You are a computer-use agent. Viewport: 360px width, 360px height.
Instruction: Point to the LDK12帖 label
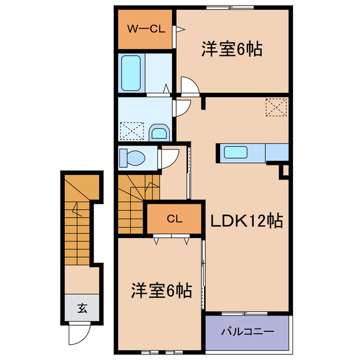click(x=246, y=221)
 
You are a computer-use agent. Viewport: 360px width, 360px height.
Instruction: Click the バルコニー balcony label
click(x=247, y=331)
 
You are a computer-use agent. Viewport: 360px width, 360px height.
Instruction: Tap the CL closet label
click(x=174, y=219)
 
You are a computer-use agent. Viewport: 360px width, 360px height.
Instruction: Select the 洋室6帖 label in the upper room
click(x=232, y=49)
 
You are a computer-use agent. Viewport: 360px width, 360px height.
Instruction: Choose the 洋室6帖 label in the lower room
click(x=161, y=291)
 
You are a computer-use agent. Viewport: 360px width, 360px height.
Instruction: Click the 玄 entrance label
click(x=82, y=308)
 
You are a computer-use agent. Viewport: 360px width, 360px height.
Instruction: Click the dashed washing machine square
click(x=132, y=132)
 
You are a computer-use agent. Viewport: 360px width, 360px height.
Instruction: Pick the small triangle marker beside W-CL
click(x=177, y=29)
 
